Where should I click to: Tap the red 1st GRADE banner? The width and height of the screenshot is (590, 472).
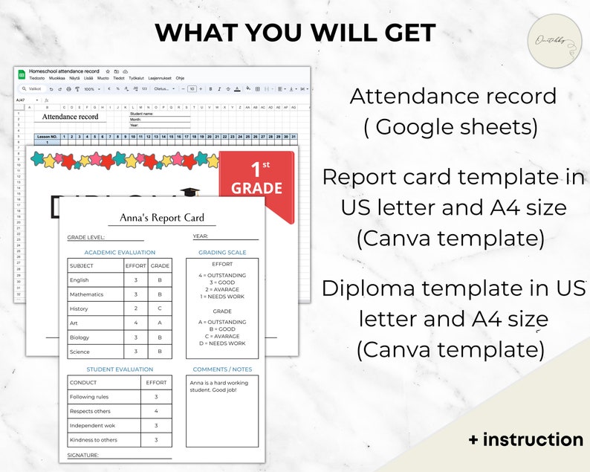pyautogui.click(x=256, y=182)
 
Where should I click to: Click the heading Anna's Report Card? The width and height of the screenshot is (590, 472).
pyautogui.click(x=162, y=219)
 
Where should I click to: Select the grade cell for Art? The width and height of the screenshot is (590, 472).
pyautogui.click(x=160, y=323)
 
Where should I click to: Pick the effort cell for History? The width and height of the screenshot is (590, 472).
pyautogui.click(x=135, y=308)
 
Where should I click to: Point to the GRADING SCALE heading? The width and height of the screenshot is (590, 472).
pyautogui.click(x=222, y=253)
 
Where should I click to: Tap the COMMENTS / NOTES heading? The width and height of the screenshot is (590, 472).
pyautogui.click(x=222, y=369)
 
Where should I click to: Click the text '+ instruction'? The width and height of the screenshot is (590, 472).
pyautogui.click(x=525, y=439)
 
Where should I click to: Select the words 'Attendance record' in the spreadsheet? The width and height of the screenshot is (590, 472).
pyautogui.click(x=70, y=117)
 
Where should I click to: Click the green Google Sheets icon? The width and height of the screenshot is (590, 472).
pyautogui.click(x=22, y=74)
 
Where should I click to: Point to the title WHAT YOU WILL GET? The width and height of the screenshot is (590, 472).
pyautogui.click(x=295, y=33)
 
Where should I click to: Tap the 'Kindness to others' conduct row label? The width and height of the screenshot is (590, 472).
pyautogui.click(x=94, y=439)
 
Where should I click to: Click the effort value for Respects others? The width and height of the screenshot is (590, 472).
pyautogui.click(x=156, y=411)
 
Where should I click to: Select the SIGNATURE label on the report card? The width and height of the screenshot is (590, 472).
pyautogui.click(x=82, y=455)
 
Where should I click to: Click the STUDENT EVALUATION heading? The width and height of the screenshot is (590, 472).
pyautogui.click(x=120, y=369)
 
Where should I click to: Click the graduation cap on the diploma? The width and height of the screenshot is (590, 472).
pyautogui.click(x=189, y=195)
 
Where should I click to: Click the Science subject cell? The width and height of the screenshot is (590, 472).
pyautogui.click(x=80, y=352)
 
